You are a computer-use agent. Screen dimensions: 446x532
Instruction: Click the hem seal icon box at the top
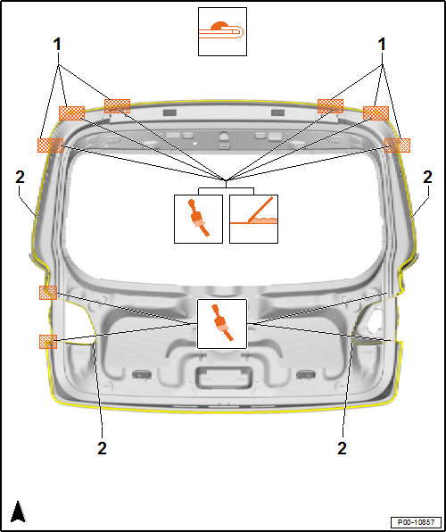(222, 31)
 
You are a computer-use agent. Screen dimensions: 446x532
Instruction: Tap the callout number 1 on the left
(57, 45)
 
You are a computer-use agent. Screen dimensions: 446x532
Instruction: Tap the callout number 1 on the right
(383, 45)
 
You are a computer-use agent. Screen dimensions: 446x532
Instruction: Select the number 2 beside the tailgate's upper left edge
(20, 178)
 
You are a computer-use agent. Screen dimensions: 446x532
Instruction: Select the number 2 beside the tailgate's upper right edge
(427, 178)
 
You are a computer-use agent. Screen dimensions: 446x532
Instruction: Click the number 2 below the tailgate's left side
(102, 448)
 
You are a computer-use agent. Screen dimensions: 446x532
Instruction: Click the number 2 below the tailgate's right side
(343, 448)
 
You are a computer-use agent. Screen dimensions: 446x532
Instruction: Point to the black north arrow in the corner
(18, 511)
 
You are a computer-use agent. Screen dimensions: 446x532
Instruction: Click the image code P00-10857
(416, 522)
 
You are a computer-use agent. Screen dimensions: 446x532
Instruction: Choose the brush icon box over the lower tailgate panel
(222, 324)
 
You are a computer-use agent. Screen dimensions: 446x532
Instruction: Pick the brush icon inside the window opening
(198, 219)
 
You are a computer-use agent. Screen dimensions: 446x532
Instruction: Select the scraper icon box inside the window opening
(253, 219)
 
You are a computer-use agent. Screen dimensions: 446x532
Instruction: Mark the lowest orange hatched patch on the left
(48, 342)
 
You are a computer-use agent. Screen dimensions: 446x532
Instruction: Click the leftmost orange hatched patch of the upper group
(50, 145)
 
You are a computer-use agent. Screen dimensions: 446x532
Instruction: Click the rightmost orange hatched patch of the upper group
(397, 145)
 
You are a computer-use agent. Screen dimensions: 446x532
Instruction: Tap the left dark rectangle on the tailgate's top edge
(169, 112)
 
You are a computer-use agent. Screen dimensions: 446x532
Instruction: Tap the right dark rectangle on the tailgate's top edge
(277, 112)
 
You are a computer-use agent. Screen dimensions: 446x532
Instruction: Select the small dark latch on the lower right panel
(305, 374)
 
